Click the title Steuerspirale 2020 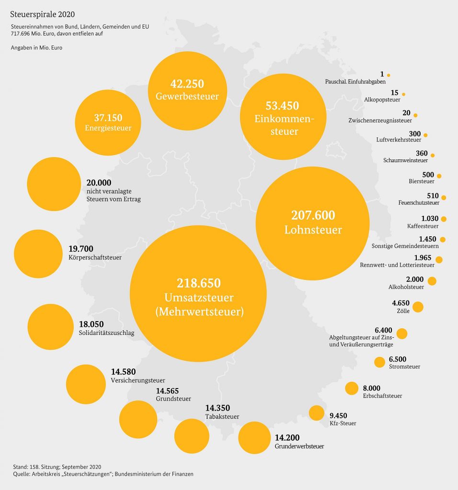(x=42, y=14)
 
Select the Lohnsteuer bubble (x=313, y=223)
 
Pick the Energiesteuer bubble (x=108, y=122)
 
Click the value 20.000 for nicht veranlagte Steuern (x=99, y=183)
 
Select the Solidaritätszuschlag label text (x=106, y=333)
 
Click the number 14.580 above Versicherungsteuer (x=123, y=372)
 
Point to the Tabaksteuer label (x=222, y=417)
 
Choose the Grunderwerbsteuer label (x=299, y=446)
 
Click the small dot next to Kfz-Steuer (x=317, y=412)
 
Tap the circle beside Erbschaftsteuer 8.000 (x=352, y=388)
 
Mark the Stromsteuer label (x=405, y=367)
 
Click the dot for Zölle (x=418, y=307)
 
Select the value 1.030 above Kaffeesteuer (x=430, y=218)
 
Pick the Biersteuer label (x=422, y=182)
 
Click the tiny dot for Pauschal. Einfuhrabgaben (x=389, y=75)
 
